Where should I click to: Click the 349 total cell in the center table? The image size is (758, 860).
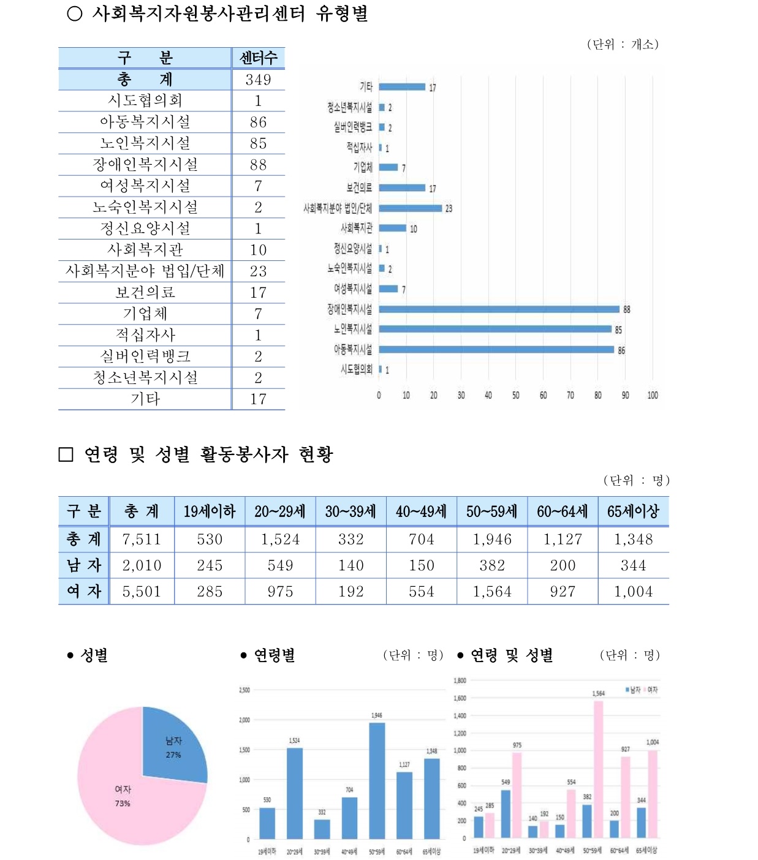click(x=258, y=80)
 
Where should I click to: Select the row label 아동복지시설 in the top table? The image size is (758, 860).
click(x=145, y=122)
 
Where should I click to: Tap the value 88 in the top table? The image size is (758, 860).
click(x=258, y=165)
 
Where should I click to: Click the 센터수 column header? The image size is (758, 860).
click(x=258, y=58)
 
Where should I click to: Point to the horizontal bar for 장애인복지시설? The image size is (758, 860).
click(x=499, y=309)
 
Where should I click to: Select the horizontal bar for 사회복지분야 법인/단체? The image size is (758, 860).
click(x=410, y=208)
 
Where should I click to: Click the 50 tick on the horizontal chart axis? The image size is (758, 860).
click(x=516, y=396)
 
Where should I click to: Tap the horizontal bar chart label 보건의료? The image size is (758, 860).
click(x=359, y=188)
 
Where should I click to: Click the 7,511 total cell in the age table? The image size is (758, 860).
click(x=142, y=540)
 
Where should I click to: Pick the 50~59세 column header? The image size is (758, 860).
click(x=491, y=511)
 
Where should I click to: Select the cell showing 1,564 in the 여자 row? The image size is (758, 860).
click(x=491, y=592)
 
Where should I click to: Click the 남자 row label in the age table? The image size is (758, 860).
click(x=84, y=565)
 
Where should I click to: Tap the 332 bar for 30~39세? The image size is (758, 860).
click(x=322, y=828)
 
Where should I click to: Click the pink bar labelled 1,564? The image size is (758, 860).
click(x=598, y=769)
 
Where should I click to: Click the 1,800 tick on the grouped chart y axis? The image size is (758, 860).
click(x=460, y=681)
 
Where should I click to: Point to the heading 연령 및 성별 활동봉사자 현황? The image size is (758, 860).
click(x=208, y=455)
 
